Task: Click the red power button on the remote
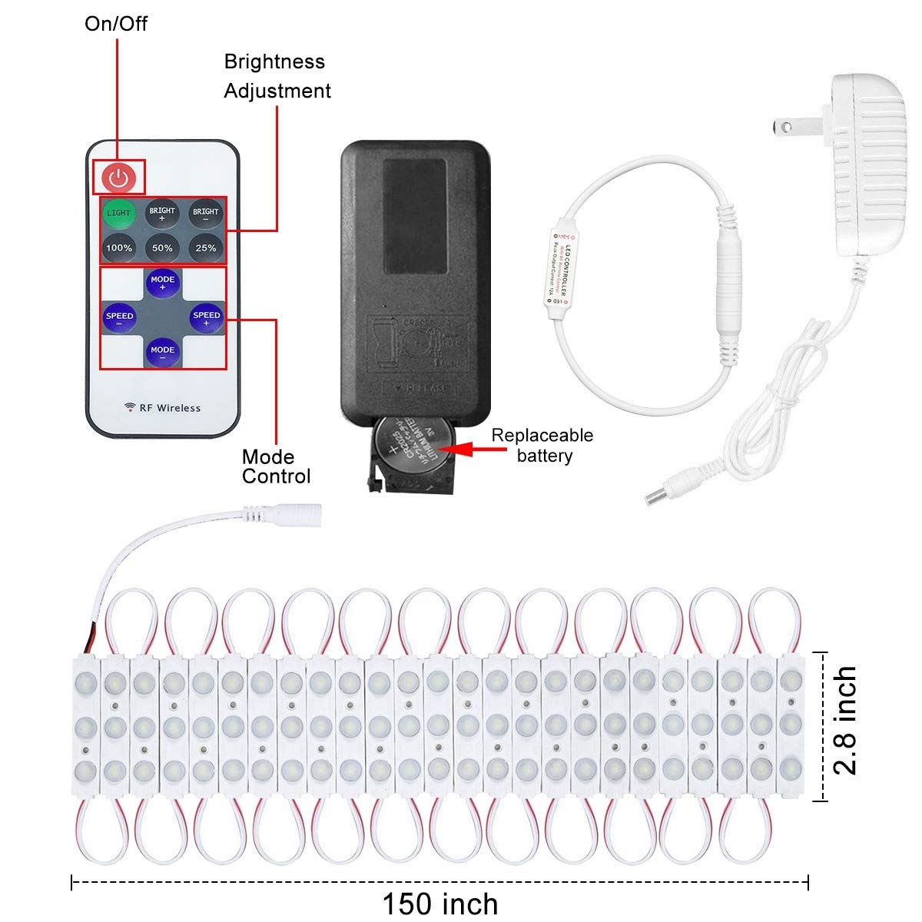pyautogui.click(x=118, y=178)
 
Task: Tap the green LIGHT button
pyautogui.click(x=118, y=213)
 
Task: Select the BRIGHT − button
pyautogui.click(x=206, y=213)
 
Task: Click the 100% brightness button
pyautogui.click(x=118, y=248)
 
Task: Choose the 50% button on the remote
pyautogui.click(x=162, y=248)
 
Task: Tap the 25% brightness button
pyautogui.click(x=206, y=248)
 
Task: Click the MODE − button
pyautogui.click(x=162, y=351)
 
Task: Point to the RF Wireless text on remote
pyautogui.click(x=163, y=408)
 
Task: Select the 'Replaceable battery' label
pyautogui.click(x=542, y=446)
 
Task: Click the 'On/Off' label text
pyautogui.click(x=116, y=24)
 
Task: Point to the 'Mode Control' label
pyautogui.click(x=276, y=466)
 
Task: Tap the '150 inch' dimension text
pyautogui.click(x=440, y=904)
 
